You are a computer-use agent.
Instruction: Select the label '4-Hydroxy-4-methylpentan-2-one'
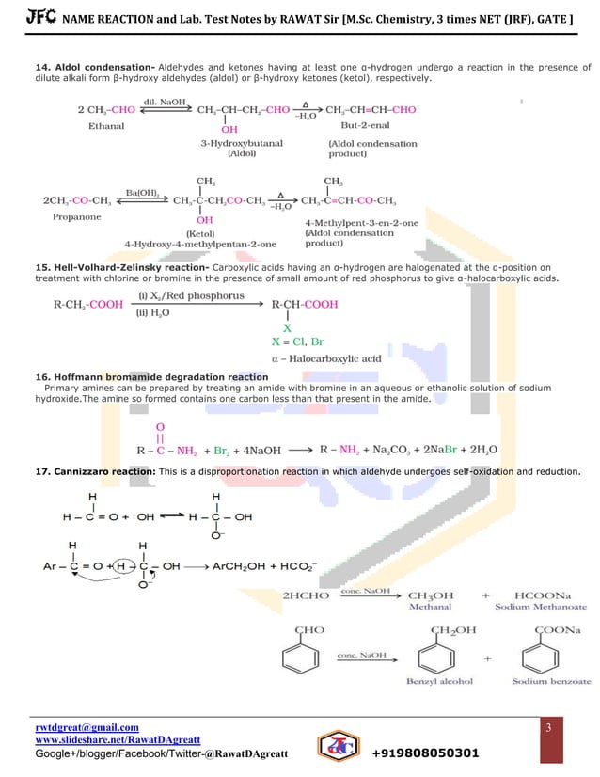point(200,244)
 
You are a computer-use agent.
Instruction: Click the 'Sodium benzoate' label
point(550,680)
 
